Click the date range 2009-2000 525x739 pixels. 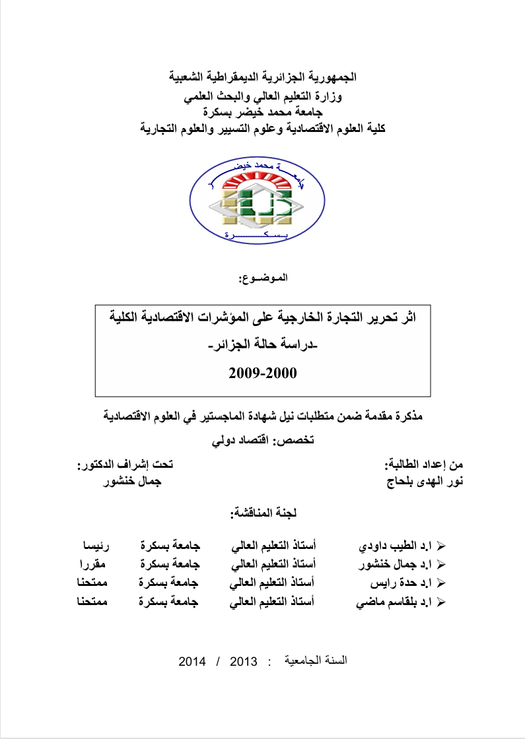click(263, 373)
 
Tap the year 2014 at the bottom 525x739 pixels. click(193, 660)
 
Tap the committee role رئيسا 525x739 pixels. click(96, 546)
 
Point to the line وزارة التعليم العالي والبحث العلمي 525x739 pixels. click(263, 98)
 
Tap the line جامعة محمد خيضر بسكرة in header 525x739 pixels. click(263, 113)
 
